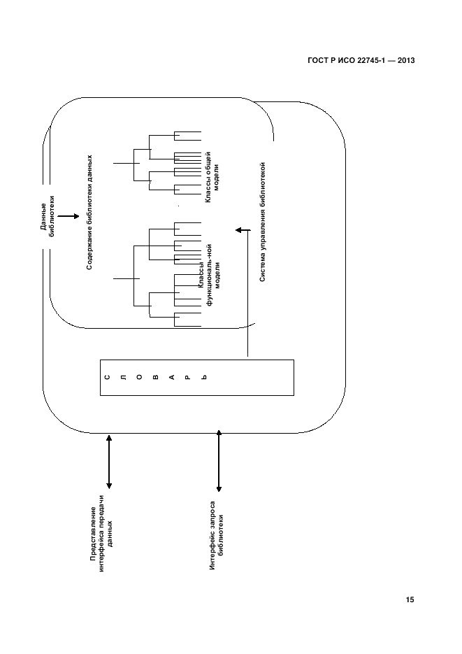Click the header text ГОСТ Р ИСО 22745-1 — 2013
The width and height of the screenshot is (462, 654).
(361, 61)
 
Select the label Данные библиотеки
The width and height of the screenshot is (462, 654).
(47, 217)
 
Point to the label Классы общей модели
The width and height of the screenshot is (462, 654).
(211, 184)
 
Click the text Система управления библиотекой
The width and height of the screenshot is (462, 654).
(263, 222)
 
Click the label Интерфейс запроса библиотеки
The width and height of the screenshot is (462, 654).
(216, 536)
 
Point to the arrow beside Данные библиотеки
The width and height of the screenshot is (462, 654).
(67, 217)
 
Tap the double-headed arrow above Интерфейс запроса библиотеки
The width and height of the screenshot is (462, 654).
(219, 462)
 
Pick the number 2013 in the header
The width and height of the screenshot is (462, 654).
(405, 61)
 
